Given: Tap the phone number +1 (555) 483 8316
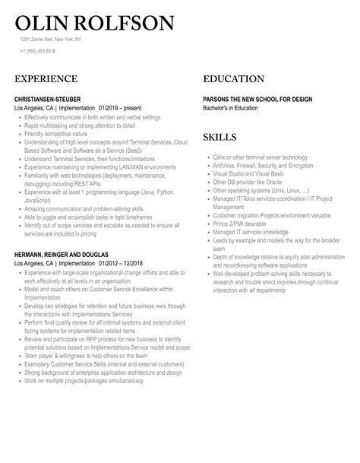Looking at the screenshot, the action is coord(37,51).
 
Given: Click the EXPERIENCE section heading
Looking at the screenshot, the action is coord(46,79).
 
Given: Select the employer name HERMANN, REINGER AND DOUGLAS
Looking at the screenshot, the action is coord(61,254).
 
